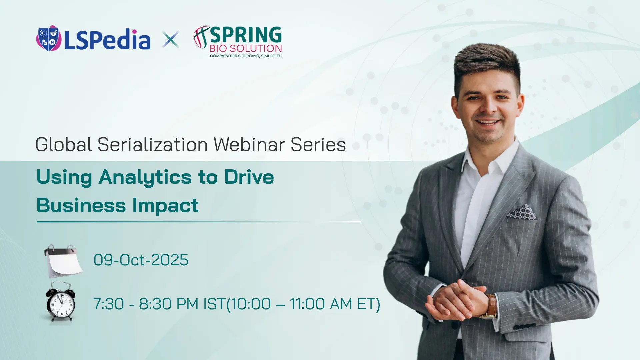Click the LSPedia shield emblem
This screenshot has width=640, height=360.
pyautogui.click(x=49, y=38)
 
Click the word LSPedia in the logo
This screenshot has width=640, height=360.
pyautogui.click(x=107, y=40)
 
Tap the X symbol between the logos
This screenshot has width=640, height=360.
pyautogui.click(x=171, y=39)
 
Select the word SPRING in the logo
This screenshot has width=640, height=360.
pyautogui.click(x=246, y=35)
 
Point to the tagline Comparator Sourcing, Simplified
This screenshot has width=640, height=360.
pyautogui.click(x=246, y=56)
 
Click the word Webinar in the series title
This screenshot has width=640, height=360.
pyautogui.click(x=249, y=144)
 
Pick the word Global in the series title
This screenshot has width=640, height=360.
pyautogui.click(x=63, y=144)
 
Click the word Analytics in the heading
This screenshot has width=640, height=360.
pyautogui.click(x=145, y=177)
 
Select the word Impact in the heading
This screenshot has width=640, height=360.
pyautogui.click(x=165, y=205)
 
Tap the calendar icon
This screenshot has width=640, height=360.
pyautogui.click(x=63, y=261)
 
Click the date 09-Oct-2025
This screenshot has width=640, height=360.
pyautogui.click(x=141, y=260)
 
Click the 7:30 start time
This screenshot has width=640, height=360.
pyautogui.click(x=108, y=304)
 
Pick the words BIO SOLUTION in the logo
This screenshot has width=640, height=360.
pyautogui.click(x=246, y=49)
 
